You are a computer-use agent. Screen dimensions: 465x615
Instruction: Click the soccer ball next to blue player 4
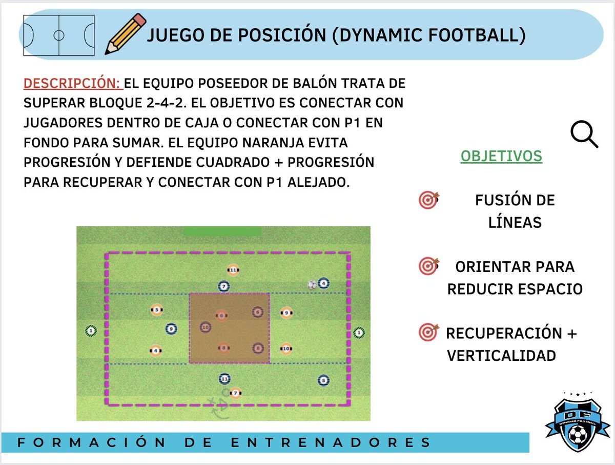[312, 284]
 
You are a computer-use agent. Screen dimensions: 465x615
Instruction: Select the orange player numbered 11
[233, 270]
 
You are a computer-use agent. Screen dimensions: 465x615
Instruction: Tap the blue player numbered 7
[223, 286]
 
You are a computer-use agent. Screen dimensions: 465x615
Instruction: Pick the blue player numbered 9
[171, 329]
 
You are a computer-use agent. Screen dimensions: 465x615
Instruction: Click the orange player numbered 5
[157, 310]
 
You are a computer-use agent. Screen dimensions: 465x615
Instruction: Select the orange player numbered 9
[286, 312]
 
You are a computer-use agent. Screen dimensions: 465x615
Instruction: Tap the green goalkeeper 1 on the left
[91, 331]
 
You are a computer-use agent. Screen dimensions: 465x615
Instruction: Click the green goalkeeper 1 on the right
[359, 333]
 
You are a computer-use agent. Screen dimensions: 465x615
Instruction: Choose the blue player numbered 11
[223, 379]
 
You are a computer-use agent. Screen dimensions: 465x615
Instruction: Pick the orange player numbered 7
[235, 393]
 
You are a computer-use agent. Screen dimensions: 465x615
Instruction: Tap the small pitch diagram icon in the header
[59, 35]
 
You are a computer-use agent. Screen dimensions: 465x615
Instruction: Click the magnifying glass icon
[584, 135]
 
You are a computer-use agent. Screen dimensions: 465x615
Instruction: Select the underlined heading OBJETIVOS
[501, 156]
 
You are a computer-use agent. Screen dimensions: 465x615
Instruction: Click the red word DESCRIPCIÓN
[72, 84]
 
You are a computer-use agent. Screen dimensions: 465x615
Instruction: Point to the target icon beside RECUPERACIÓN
[428, 333]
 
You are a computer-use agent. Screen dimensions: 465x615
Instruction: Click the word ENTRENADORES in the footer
[331, 442]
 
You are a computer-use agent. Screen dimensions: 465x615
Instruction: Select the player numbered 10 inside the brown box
[206, 327]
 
